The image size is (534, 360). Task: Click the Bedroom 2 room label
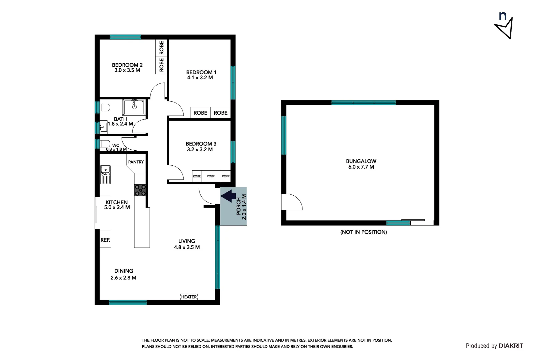coord(127,65)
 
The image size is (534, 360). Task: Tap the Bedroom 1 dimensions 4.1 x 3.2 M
coord(200,78)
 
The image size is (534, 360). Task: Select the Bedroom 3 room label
coord(201,144)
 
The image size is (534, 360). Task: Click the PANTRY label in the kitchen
coord(136,162)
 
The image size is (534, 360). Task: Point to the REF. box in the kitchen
coord(105,239)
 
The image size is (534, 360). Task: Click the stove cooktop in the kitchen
coord(140,190)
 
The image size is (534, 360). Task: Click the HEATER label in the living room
coord(189,297)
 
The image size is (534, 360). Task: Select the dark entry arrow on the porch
coord(229,196)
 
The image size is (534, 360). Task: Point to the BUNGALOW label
coord(361,161)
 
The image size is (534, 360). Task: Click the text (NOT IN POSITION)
coord(363,232)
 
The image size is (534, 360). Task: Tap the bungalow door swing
coord(291,202)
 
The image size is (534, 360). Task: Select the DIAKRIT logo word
coord(511,346)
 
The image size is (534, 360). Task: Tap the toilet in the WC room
coord(105,144)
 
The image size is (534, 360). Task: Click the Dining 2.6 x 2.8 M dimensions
coord(123,278)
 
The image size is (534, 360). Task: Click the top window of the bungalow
coord(363,102)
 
